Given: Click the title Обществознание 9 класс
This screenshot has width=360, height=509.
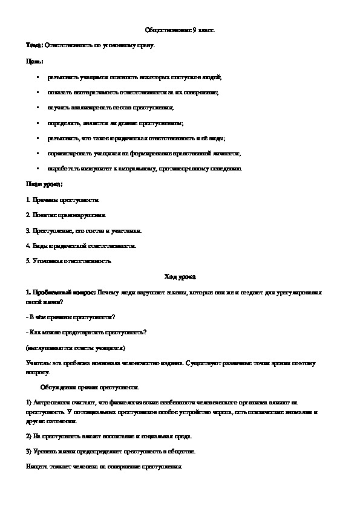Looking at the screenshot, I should click(180, 30).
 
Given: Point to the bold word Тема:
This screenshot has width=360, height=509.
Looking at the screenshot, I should click(34, 45).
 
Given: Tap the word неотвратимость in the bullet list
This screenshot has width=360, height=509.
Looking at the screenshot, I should click(93, 92).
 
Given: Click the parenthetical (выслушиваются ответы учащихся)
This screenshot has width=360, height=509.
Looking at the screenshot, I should click(76, 349).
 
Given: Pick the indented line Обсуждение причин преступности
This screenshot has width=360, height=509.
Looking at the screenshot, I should click(90, 386).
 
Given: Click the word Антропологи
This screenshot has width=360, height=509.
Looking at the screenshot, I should click(48, 402).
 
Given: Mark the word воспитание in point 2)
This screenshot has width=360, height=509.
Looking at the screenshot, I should click(94, 436).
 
